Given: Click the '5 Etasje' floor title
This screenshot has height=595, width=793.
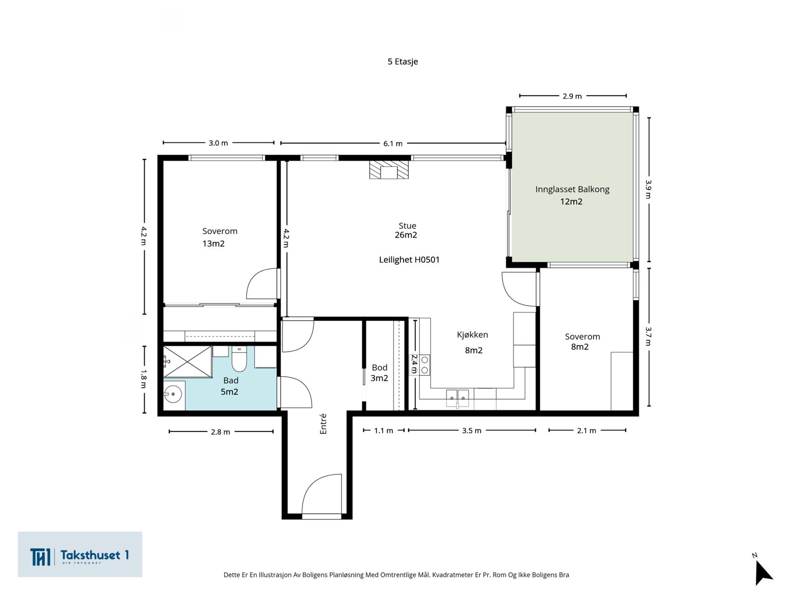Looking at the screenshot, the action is pos(402,61).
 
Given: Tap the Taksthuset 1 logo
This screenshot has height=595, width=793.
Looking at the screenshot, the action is pos(80,554).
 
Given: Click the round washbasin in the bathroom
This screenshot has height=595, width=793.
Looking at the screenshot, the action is pos(173,394).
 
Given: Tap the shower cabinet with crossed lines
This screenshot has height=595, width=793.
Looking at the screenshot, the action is pos(187,361).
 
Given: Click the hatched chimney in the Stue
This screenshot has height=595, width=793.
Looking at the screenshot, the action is pos(389,170).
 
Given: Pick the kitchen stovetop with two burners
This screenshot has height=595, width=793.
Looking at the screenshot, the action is pos(424,365).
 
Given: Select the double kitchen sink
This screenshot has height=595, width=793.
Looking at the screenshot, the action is pos(457,398).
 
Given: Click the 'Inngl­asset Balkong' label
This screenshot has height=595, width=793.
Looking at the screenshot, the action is pos(572,189).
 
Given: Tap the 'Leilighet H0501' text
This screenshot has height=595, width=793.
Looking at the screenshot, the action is pos(409,260).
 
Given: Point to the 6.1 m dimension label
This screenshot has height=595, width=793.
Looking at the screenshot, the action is pos(393,143).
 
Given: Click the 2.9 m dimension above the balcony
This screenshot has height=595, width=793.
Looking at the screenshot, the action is pos(572,96).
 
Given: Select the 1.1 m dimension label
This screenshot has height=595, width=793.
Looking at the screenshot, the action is pos(383,430).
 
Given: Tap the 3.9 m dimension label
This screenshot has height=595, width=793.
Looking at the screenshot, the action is pos(648,189).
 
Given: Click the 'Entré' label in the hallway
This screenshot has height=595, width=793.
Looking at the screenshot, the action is pos(323,424).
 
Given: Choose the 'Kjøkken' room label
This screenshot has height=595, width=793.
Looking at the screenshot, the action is pos(472,335).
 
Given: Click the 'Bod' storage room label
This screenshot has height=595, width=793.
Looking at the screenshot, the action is pos(379,367).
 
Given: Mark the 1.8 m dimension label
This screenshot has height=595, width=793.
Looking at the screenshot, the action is pos(143,379).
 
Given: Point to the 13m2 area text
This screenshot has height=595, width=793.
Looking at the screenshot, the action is pos(213,243).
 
